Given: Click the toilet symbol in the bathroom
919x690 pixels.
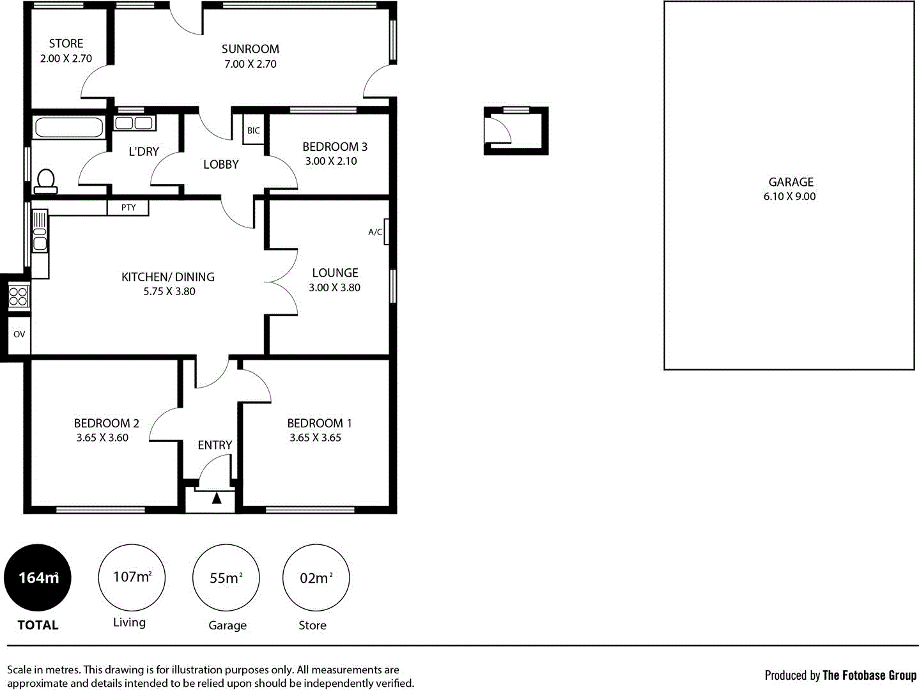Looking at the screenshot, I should point(45,181).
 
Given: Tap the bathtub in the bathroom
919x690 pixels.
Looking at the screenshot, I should point(69,127).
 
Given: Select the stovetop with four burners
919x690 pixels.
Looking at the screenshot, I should point(18,296).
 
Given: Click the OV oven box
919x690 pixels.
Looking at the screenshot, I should point(19,334).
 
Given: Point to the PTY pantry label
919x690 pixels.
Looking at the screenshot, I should point(128,208).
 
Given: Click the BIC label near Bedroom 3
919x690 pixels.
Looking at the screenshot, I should point(254,130).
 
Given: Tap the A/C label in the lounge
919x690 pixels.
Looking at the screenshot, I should point(375,232).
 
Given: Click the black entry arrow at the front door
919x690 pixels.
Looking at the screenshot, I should point(217,498).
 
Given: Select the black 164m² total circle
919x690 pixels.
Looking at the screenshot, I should point(38,578).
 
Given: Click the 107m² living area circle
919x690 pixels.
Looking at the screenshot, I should point(132,578).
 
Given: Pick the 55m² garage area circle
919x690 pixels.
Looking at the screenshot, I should point(226,578).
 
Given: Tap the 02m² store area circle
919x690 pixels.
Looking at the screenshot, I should point(316,578).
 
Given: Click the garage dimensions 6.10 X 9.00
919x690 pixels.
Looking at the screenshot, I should point(789,197).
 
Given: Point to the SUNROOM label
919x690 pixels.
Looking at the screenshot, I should point(250,49).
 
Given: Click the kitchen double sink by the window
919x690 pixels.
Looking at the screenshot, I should point(40,231).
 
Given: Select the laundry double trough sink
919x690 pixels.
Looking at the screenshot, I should point(134,123).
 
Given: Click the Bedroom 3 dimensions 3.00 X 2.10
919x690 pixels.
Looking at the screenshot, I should point(331,162).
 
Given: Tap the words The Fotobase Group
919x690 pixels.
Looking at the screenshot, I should point(869,675).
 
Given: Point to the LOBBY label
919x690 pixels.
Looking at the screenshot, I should point(220,165).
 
